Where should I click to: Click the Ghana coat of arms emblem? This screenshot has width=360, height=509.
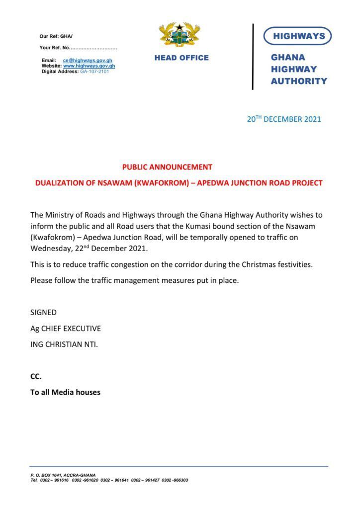(x=179, y=36)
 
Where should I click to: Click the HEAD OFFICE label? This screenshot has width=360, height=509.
(x=181, y=58)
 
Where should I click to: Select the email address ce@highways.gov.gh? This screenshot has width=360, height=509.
(x=88, y=60)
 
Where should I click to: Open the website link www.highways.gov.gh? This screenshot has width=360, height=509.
(x=89, y=66)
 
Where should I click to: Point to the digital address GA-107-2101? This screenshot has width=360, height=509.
(x=94, y=71)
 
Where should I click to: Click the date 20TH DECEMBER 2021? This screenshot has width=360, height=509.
(x=284, y=119)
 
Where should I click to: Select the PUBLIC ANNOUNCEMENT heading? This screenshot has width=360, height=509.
(x=167, y=167)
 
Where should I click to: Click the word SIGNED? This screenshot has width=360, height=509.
(x=43, y=312)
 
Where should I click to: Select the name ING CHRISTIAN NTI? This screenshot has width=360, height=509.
(x=64, y=344)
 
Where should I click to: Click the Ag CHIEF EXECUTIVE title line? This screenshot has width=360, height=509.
(x=66, y=328)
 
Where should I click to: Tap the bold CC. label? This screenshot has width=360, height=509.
(x=36, y=376)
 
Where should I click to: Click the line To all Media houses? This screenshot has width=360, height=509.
(x=65, y=392)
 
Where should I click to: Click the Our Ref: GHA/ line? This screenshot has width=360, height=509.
(x=56, y=36)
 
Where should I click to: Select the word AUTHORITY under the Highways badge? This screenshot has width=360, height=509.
(x=299, y=81)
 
